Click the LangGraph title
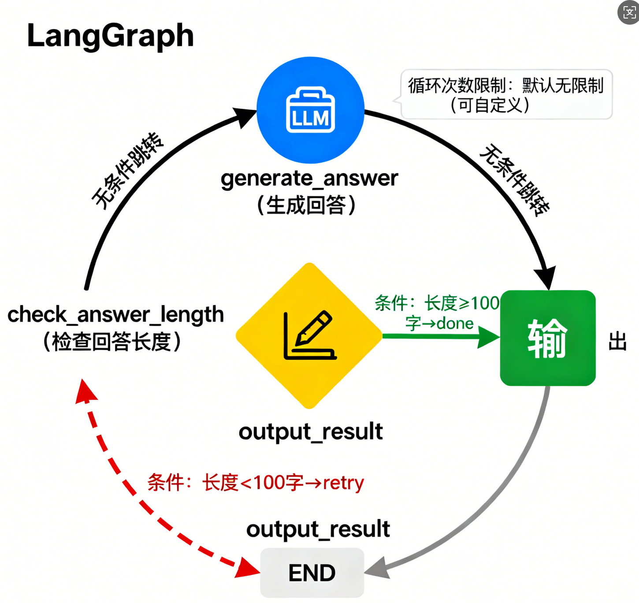coord(110,36)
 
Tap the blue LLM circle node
coord(310,110)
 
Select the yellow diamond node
coord(309,336)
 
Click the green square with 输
coord(548,338)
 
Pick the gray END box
coord(312,573)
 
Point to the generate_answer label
coord(309,179)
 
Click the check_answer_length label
coord(115,315)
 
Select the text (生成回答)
coord(307,205)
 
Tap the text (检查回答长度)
coord(112,342)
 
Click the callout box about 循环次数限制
coord(506,94)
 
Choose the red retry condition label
coord(256,483)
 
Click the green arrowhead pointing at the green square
coord(489,337)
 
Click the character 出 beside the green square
coord(617,342)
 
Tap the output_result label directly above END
coord(318,529)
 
